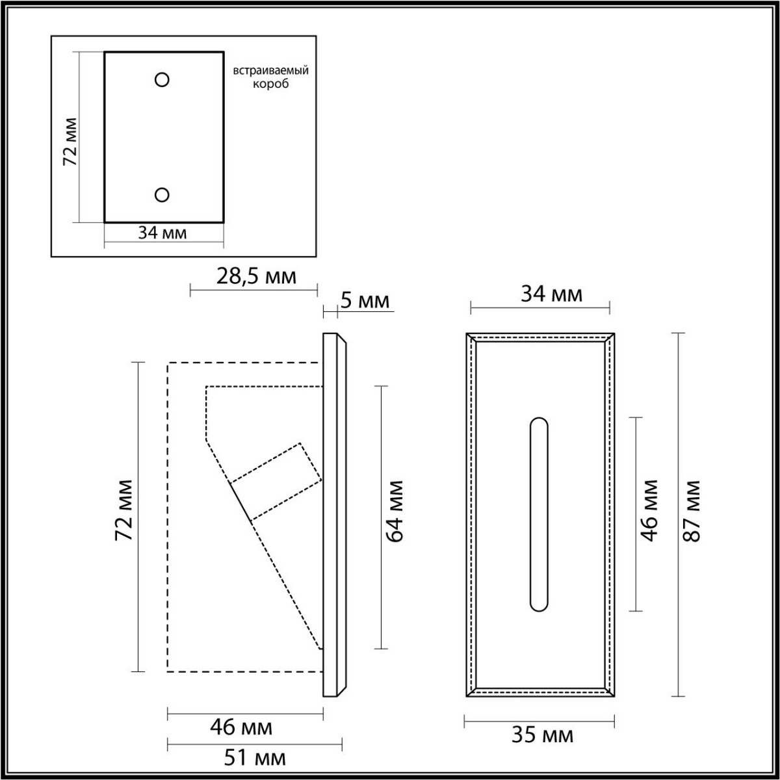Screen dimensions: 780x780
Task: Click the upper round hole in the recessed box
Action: pyautogui.click(x=162, y=79)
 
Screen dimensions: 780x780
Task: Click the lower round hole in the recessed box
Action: pyautogui.click(x=162, y=194)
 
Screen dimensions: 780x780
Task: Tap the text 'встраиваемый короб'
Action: pyautogui.click(x=270, y=77)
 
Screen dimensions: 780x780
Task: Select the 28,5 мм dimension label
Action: pyautogui.click(x=255, y=277)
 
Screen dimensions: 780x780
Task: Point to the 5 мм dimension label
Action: pyautogui.click(x=365, y=300)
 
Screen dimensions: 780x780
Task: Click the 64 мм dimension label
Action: pyautogui.click(x=395, y=511)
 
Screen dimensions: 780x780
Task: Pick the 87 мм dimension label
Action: pyautogui.click(x=693, y=511)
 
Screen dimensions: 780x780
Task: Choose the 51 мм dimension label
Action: pyautogui.click(x=254, y=757)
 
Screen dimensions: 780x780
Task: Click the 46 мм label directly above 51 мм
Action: pyautogui.click(x=241, y=727)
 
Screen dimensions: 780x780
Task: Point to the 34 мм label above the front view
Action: pyautogui.click(x=552, y=294)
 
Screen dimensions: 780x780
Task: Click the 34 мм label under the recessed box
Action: pyautogui.click(x=162, y=233)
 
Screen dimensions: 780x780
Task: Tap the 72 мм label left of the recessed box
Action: pyautogui.click(x=70, y=142)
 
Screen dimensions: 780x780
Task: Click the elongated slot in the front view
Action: pyautogui.click(x=539, y=513)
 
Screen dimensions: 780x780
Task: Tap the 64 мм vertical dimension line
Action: pyautogui.click(x=382, y=455)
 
